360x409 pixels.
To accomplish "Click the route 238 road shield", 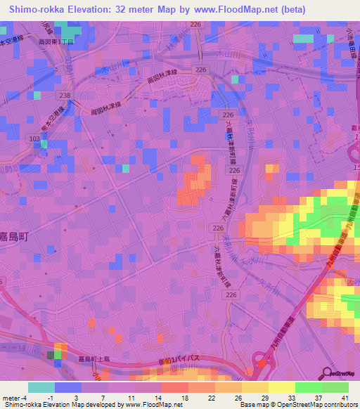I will (65, 95).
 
